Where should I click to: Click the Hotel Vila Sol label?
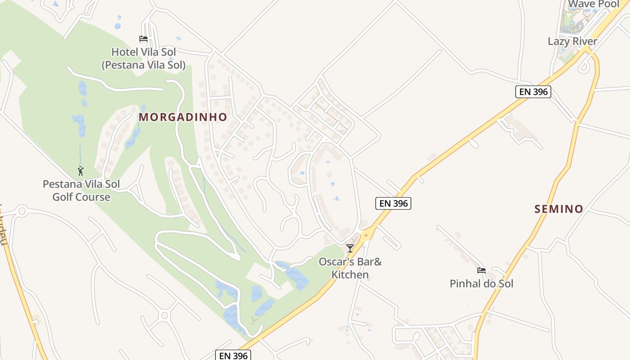pos(144,52)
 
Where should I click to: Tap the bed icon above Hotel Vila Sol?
pos(144,39)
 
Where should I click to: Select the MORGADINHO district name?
pos(183,117)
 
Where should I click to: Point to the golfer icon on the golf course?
pos(81,171)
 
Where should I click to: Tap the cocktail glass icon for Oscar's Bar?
pos(350,248)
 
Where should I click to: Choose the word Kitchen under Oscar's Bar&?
pos(350,274)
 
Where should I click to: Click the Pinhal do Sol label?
pos(481,283)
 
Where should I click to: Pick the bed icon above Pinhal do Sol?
pos(481,270)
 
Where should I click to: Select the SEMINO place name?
pos(559,209)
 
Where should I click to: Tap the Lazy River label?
pos(572,41)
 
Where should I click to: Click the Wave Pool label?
pos(594,4)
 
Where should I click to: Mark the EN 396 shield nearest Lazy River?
pos(533,92)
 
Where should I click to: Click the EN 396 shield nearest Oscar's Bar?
pos(393,203)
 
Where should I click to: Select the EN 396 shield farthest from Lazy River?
pos(233,355)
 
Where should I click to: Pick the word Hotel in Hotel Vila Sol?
pos(125,52)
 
